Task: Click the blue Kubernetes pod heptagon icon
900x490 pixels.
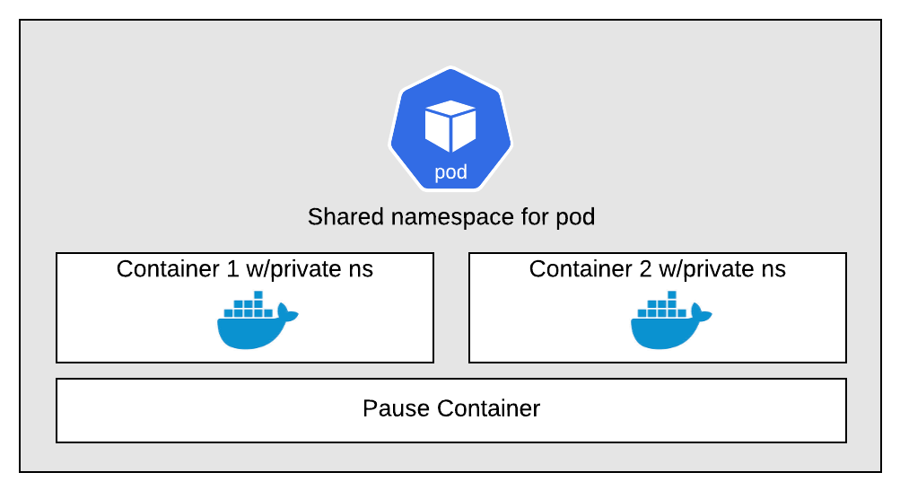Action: coord(450,129)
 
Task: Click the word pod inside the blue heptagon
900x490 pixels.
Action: coord(450,172)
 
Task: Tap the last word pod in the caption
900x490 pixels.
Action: coord(575,218)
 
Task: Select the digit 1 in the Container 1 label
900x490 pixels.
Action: coord(232,269)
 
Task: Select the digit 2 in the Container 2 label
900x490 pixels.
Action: coord(646,269)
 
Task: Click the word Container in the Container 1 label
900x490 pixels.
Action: coord(168,269)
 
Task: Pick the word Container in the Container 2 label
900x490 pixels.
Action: coord(581,269)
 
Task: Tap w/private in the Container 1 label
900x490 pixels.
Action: coord(294,269)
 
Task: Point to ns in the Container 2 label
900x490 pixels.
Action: coord(773,271)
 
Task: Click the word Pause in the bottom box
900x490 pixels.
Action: coord(396,408)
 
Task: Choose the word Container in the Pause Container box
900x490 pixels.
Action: coord(488,408)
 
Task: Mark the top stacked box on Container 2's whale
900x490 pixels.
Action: coord(671,295)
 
